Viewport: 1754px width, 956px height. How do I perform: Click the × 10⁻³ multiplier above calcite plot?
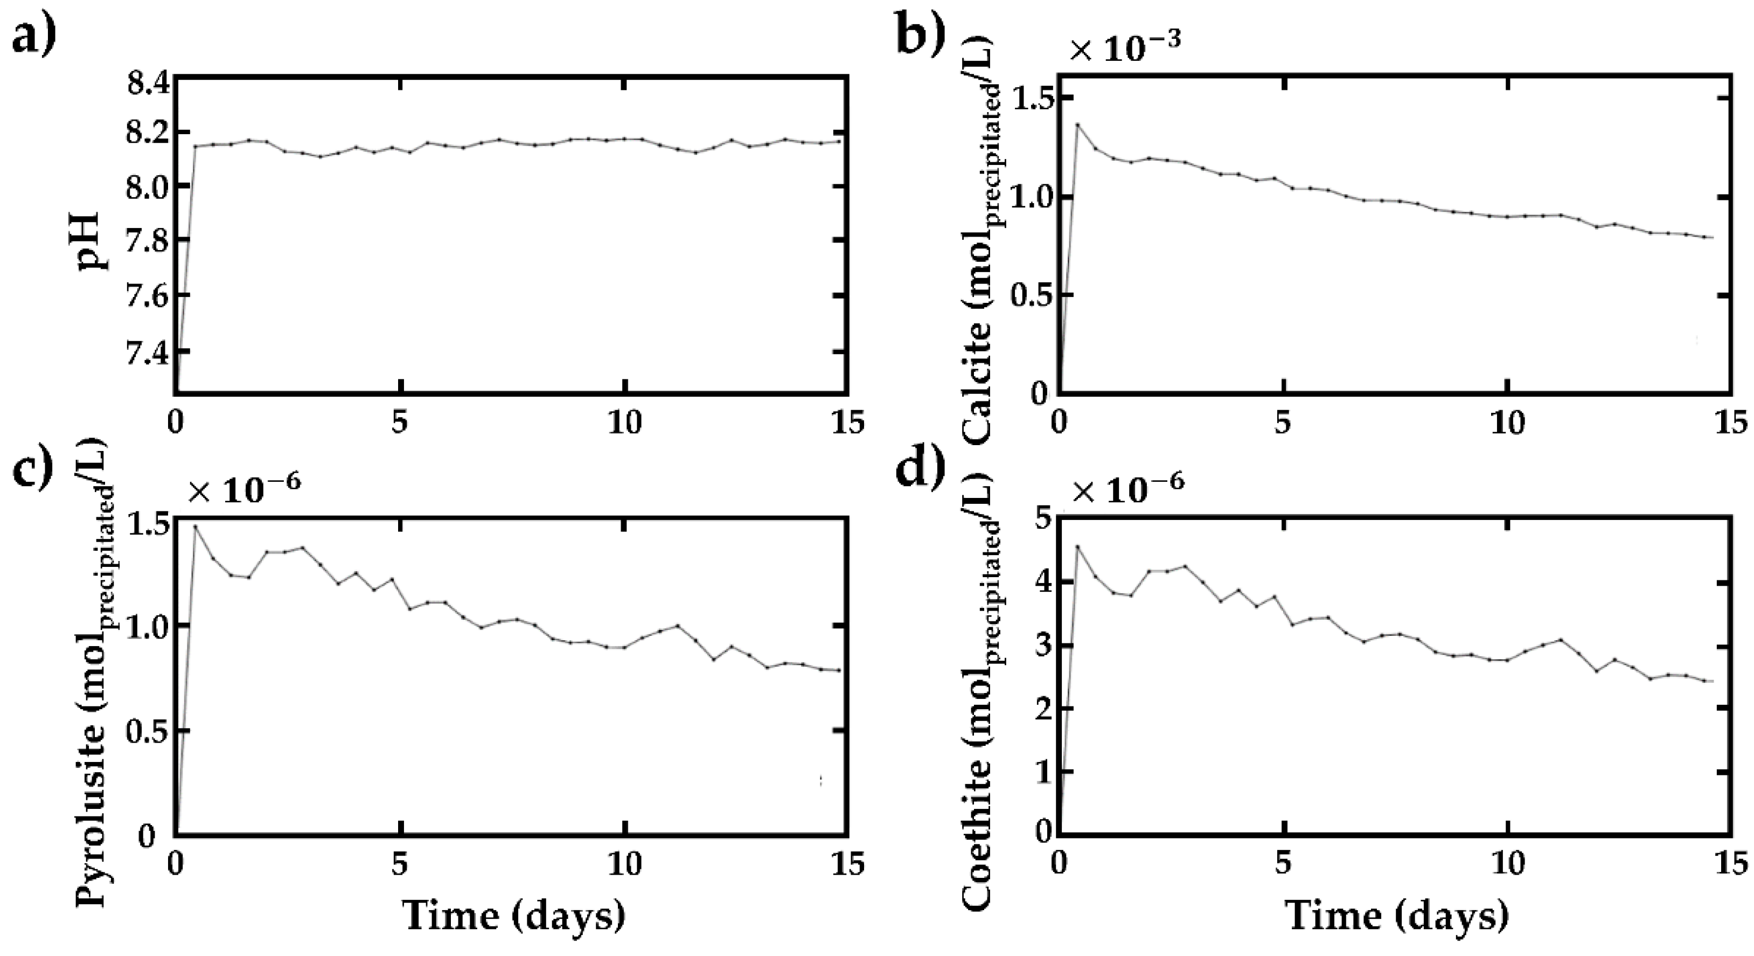coord(1124,51)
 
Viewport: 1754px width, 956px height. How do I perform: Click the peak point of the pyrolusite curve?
coord(196,525)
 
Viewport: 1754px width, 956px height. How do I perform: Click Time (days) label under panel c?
coord(513,916)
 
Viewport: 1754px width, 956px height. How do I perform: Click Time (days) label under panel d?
coord(1396,916)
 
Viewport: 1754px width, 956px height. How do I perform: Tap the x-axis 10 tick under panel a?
coord(624,424)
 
